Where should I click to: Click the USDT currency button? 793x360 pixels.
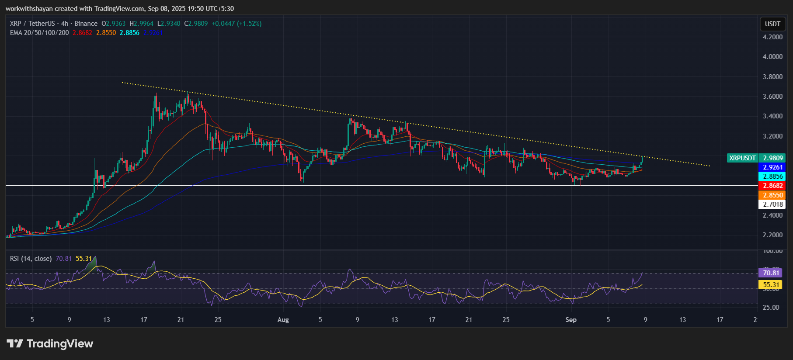(x=772, y=24)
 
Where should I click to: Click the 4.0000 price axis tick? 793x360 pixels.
(x=772, y=57)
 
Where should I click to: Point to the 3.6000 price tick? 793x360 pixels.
(x=772, y=97)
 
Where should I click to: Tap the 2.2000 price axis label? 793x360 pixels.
(x=772, y=235)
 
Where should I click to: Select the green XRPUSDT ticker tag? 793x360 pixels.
(x=742, y=158)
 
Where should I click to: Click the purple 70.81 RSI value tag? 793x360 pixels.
(x=771, y=273)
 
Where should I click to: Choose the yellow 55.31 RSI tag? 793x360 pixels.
(x=771, y=285)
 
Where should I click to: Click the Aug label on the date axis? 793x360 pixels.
(x=283, y=320)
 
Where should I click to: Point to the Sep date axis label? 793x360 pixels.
(x=571, y=320)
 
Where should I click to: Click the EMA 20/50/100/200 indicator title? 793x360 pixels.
(x=39, y=33)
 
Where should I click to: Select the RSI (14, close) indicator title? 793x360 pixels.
(x=31, y=259)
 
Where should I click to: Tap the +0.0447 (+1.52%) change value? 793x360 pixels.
(x=237, y=24)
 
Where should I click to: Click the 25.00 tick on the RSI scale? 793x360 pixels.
(x=771, y=308)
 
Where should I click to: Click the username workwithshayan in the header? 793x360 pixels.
(x=29, y=9)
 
